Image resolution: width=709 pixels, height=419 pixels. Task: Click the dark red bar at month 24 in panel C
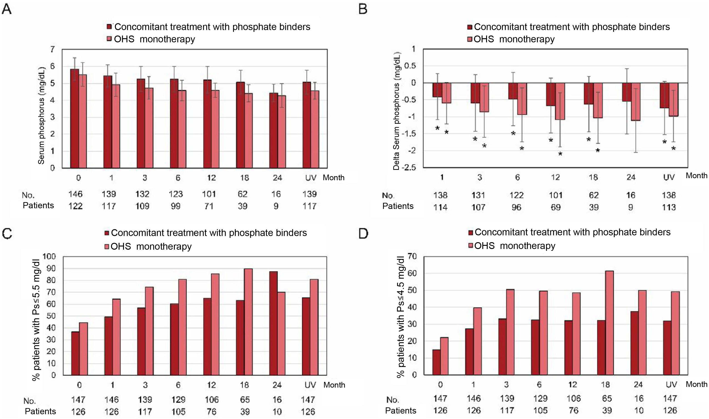point(273,323)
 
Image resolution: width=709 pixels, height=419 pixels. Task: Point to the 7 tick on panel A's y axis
point(52,50)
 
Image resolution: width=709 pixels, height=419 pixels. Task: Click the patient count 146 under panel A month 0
point(75,194)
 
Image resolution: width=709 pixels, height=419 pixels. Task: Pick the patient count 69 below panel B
point(555,208)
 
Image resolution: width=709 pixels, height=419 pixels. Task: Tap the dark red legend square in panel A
point(109,27)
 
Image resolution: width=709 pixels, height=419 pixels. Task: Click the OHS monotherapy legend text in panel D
point(514,246)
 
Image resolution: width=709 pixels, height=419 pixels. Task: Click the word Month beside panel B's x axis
point(696,176)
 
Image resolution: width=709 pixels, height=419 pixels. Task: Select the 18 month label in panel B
point(593,177)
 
